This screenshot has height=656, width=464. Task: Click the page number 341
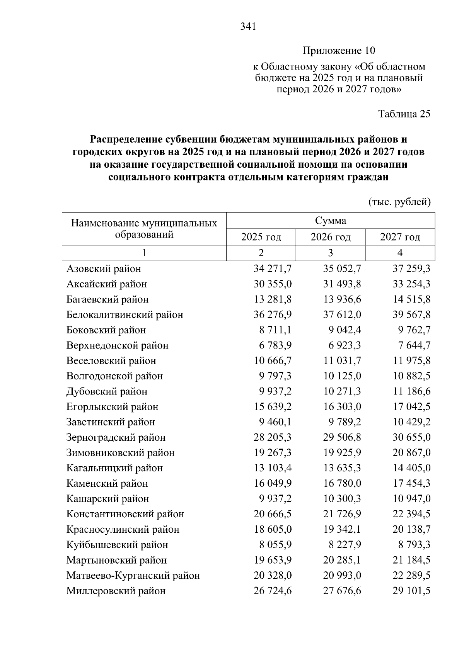[x=248, y=27]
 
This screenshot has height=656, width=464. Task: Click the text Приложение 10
[x=339, y=51]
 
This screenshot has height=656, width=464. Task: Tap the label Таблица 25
[x=404, y=114]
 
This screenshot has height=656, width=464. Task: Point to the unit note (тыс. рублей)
[x=399, y=202]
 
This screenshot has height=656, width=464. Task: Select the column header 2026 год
[x=330, y=237]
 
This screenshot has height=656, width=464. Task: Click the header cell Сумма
[x=330, y=221]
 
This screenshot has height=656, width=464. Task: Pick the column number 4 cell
[x=400, y=253]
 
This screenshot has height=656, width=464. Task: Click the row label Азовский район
[x=104, y=269]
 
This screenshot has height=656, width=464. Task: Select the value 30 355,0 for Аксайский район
[x=273, y=284]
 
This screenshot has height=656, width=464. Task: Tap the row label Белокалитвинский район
[x=125, y=315]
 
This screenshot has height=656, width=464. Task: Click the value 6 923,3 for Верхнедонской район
[x=342, y=345]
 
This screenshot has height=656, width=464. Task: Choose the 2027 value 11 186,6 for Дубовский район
[x=411, y=391]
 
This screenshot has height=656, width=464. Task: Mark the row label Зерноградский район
[x=116, y=437]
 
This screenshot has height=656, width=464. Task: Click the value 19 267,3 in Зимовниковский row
[x=273, y=453]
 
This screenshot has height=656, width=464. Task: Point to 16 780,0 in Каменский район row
[x=342, y=483]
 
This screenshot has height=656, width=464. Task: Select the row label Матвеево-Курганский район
[x=133, y=576]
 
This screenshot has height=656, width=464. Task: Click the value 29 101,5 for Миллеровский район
[x=411, y=591]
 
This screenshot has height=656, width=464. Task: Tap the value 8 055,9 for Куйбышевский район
[x=275, y=545]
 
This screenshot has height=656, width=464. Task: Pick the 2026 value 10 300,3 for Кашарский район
[x=342, y=499]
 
